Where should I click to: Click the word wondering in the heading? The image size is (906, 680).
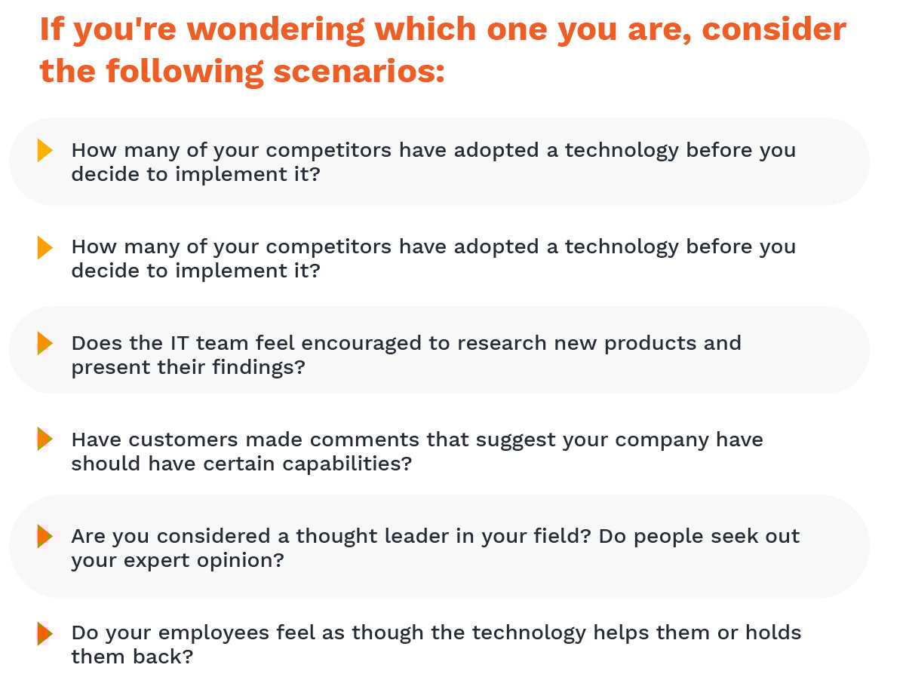[275, 29]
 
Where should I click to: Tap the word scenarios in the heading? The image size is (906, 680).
[358, 72]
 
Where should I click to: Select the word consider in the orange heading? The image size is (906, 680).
[774, 29]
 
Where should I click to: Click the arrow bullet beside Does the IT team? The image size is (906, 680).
[45, 343]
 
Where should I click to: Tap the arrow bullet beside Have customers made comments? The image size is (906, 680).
[45, 439]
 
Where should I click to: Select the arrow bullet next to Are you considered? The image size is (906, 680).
[45, 536]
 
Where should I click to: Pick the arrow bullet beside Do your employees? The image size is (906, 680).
[45, 633]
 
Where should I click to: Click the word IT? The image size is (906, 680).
[180, 343]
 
